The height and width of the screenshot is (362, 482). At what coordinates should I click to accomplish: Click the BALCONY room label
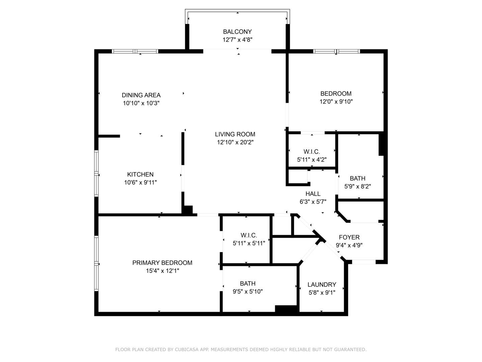pyautogui.click(x=237, y=32)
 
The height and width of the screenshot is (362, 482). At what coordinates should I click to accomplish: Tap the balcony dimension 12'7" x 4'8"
pyautogui.click(x=237, y=40)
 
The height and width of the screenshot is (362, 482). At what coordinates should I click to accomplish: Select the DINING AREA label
pyautogui.click(x=141, y=95)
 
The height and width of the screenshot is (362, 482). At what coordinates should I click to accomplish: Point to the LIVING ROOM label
pyautogui.click(x=235, y=134)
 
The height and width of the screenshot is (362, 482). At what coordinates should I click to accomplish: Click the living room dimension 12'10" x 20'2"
pyautogui.click(x=235, y=142)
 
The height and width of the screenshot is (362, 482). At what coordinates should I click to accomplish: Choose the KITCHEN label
pyautogui.click(x=140, y=174)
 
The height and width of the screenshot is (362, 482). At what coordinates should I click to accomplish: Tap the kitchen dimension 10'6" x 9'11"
pyautogui.click(x=140, y=183)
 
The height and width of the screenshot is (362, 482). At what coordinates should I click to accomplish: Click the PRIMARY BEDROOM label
pyautogui.click(x=162, y=263)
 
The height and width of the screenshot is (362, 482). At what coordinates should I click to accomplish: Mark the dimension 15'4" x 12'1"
pyautogui.click(x=162, y=271)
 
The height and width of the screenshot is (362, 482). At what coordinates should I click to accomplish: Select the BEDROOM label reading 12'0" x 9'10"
pyautogui.click(x=336, y=94)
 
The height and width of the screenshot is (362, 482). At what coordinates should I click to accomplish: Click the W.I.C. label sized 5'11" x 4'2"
pyautogui.click(x=312, y=152)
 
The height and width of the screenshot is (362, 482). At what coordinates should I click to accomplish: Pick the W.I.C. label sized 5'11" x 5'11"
pyautogui.click(x=249, y=235)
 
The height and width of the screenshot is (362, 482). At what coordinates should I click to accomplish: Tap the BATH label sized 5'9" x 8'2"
pyautogui.click(x=357, y=178)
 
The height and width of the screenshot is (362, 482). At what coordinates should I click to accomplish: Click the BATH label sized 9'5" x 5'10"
pyautogui.click(x=247, y=284)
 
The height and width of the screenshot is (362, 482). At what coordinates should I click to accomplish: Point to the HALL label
pyautogui.click(x=313, y=194)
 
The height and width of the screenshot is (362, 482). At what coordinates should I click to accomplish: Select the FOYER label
pyautogui.click(x=349, y=237)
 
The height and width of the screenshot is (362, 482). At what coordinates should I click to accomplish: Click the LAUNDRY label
pyautogui.click(x=322, y=285)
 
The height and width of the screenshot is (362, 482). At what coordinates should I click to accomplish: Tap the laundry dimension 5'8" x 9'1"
pyautogui.click(x=322, y=293)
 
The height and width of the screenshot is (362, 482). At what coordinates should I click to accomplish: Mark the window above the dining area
pyautogui.click(x=135, y=51)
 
